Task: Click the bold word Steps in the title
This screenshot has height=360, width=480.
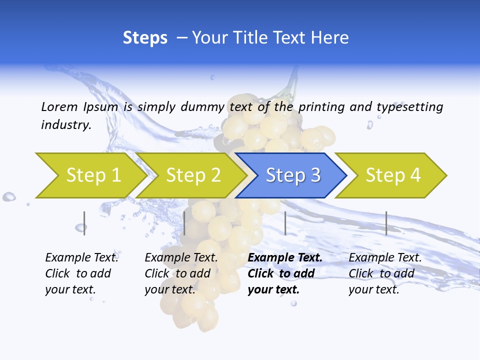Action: (x=145, y=38)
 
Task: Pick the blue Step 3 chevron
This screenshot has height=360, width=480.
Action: (x=292, y=175)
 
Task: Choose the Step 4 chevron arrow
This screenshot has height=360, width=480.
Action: (x=392, y=175)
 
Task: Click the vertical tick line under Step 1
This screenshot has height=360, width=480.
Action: (x=84, y=223)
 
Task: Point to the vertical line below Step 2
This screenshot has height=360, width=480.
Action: (x=184, y=223)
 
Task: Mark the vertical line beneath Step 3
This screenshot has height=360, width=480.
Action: (x=285, y=223)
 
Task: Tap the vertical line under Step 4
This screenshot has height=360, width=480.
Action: (x=386, y=223)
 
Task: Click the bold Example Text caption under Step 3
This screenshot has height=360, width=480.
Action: (x=285, y=273)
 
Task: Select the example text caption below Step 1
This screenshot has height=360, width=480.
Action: (x=81, y=273)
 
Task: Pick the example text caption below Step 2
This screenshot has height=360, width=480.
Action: (x=181, y=273)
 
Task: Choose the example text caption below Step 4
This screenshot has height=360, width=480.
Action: (x=385, y=273)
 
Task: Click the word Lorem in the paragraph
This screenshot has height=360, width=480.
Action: (x=59, y=106)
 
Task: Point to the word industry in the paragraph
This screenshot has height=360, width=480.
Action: (x=66, y=124)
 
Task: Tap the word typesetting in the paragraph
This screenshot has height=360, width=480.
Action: (x=409, y=107)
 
